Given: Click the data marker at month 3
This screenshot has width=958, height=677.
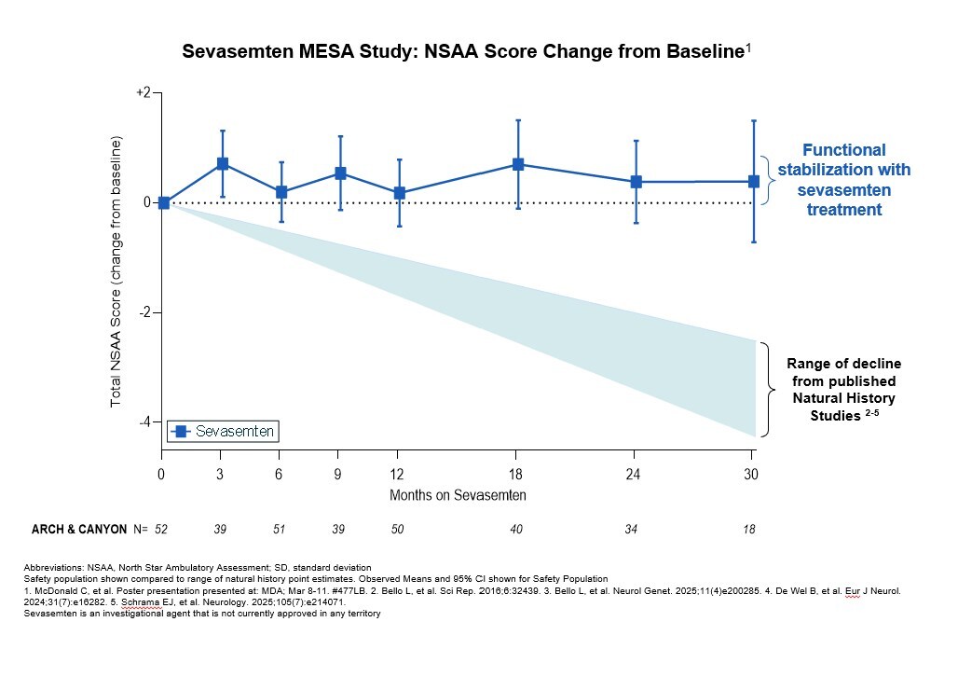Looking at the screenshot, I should coord(223,164).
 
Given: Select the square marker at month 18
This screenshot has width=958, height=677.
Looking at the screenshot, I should coord(518,165).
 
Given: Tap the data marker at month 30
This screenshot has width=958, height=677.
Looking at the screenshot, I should coord(753,181).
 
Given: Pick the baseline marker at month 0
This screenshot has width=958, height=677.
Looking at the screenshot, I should coord(164,202).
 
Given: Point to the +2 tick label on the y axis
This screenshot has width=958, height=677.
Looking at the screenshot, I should coord(144,93).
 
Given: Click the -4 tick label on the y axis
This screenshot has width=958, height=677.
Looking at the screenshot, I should coord(144,422).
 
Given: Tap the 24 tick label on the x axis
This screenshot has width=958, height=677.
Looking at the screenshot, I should coord(636,475).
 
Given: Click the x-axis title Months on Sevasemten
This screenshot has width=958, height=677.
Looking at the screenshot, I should coord(458,495).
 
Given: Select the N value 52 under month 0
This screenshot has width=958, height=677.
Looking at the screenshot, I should coord(161,530).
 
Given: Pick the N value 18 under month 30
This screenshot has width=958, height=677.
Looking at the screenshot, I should coord(749,530).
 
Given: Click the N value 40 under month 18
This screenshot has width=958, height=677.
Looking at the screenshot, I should coord(516,530).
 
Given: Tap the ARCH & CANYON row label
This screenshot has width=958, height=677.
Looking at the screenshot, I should coord(79,530).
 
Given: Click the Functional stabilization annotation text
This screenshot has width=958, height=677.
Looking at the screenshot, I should coord(843,180).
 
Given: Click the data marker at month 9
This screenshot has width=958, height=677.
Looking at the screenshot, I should coord(341,173).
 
